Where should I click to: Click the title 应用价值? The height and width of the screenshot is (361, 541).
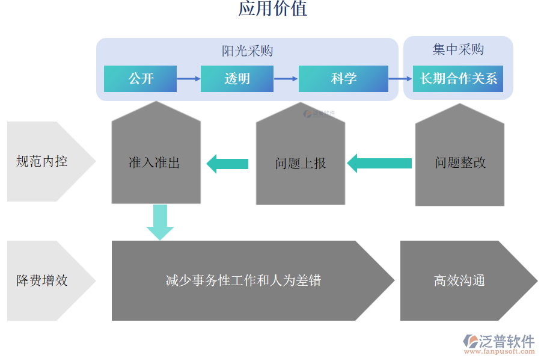tap(272, 9)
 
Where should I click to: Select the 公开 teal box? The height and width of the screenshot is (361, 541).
tap(140, 79)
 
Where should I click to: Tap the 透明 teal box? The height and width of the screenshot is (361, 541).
tap(237, 79)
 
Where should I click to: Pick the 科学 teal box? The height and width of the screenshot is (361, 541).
tap(343, 79)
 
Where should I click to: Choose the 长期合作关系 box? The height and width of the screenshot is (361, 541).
tap(458, 79)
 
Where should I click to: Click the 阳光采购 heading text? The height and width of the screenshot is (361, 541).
tap(247, 51)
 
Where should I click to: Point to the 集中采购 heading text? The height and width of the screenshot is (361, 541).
tap(458, 49)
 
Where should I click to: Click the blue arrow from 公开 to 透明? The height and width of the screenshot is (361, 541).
tap(189, 79)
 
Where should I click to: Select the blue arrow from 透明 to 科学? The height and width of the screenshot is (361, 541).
tap(286, 79)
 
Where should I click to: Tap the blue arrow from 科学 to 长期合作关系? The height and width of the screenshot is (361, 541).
tap(400, 79)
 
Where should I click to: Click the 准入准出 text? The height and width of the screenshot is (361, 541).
tap(154, 163)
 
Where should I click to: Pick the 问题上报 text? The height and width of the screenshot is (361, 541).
tap(301, 164)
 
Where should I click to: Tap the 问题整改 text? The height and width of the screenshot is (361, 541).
tap(460, 163)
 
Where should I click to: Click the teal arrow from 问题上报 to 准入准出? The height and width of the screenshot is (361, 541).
tap(227, 164)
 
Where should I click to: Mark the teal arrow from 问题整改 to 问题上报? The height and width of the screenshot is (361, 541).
tap(379, 164)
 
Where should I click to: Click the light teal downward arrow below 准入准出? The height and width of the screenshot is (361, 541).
tap(160, 221)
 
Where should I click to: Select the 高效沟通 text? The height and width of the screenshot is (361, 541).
tap(459, 280)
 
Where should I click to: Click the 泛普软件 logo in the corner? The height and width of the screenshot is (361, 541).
tap(499, 342)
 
